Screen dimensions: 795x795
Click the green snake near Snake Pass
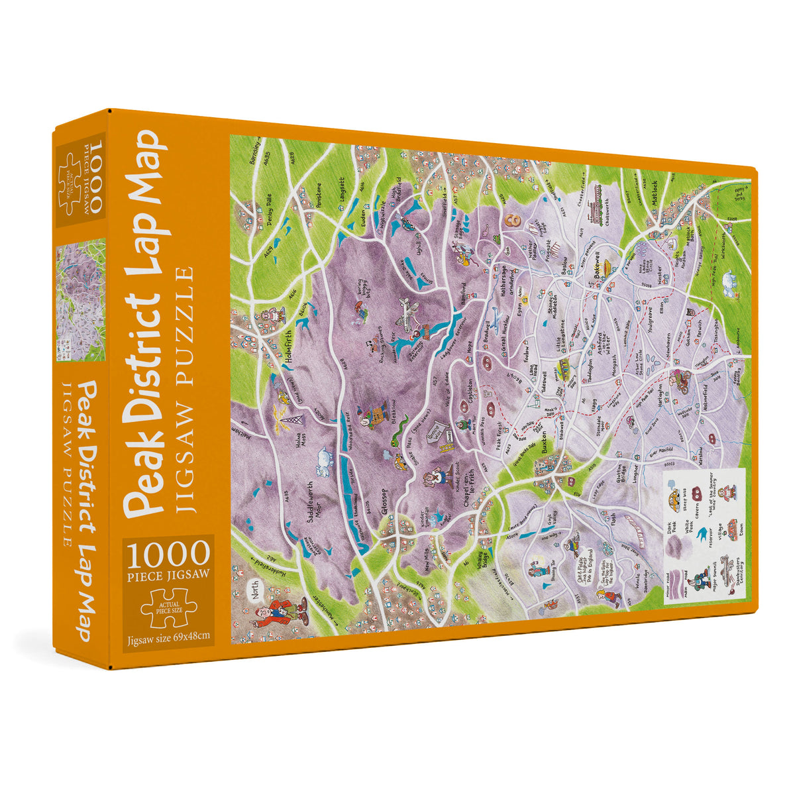[396, 439]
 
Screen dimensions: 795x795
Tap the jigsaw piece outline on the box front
[168, 607]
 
